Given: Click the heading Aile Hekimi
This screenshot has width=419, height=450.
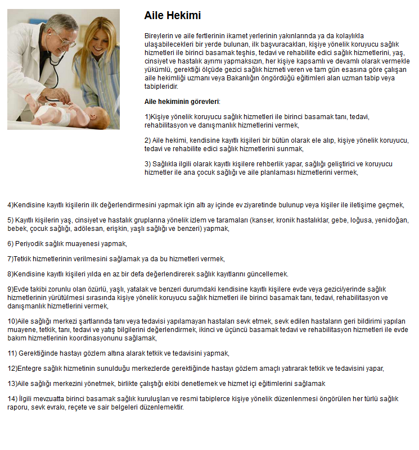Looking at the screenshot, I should tap(172, 16).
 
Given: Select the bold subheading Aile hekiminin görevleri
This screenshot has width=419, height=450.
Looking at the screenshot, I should tap(182, 102).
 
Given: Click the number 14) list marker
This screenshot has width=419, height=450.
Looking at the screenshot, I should tap(12, 399).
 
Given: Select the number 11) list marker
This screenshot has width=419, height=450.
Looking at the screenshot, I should tap(12, 353).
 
